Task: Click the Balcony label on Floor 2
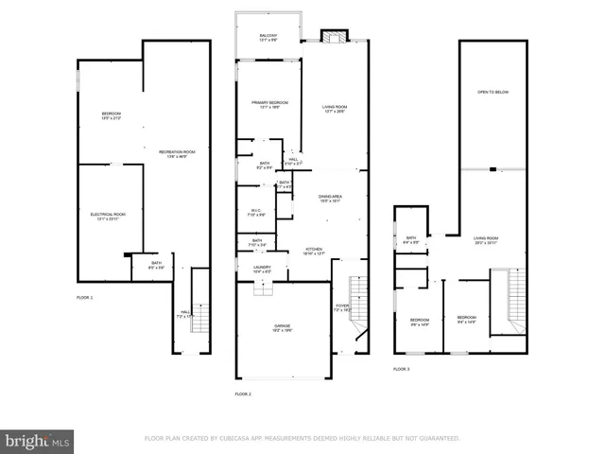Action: click(x=268, y=38)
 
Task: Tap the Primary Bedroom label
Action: click(x=268, y=104)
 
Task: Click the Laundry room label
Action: click(x=262, y=269)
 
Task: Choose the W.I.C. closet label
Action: click(x=256, y=211)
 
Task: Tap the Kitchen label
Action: click(x=314, y=252)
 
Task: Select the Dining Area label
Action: click(x=330, y=199)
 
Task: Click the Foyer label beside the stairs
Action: click(x=341, y=307)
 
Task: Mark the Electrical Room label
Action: click(x=101, y=216)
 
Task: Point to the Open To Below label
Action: click(x=493, y=92)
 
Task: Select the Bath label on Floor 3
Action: click(x=411, y=239)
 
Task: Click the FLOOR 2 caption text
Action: click(x=243, y=393)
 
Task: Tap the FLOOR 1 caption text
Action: click(x=85, y=297)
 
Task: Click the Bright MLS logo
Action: click(x=38, y=440)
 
